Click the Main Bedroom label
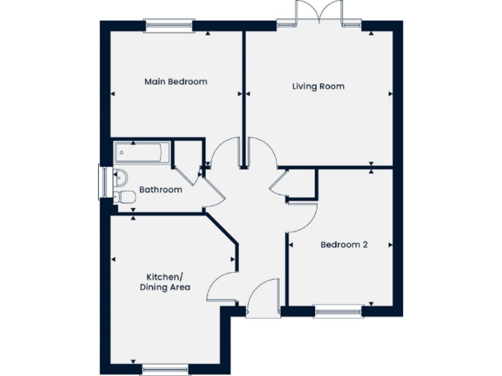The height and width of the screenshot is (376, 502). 175,82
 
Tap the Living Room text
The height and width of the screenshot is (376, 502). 318,86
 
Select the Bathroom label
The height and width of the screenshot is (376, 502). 160,190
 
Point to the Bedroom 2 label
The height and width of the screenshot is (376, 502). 344,245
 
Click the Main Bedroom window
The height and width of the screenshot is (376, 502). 169,27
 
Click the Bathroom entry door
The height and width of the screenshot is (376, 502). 209,189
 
